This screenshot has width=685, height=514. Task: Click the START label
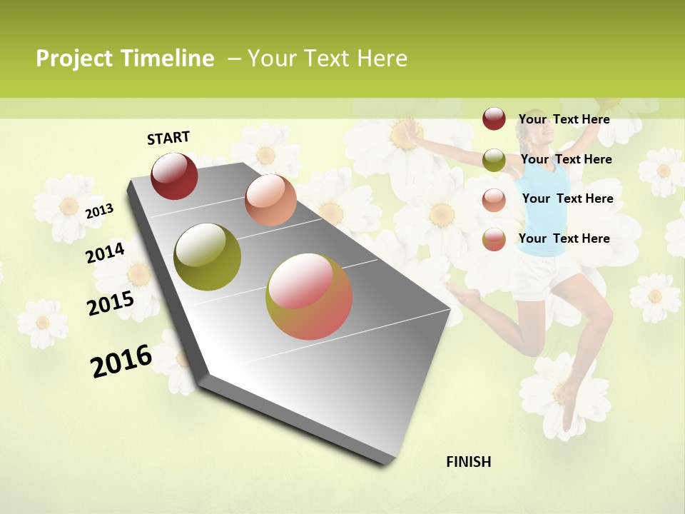coord(168,138)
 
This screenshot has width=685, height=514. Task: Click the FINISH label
coord(468,462)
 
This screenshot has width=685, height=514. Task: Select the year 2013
coord(99,211)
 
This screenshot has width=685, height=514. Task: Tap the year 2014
coord(105,253)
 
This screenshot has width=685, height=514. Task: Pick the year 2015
coord(110,303)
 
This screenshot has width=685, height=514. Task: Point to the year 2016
coord(121,361)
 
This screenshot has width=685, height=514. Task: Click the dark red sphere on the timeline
coord(174,176)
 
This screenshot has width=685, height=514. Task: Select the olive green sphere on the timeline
coord(207,257)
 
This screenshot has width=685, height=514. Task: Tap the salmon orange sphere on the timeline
coord(270,200)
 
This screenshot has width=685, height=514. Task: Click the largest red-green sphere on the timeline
coord(309,296)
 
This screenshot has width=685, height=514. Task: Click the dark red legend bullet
coord(494,119)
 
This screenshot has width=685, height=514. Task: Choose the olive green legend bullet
coord(494,160)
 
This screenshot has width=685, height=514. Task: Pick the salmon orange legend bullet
coord(494,199)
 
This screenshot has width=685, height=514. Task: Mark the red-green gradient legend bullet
coord(494,239)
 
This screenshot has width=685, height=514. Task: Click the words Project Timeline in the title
coord(125,59)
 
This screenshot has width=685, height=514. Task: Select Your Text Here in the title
coord(327,59)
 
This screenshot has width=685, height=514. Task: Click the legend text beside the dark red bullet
coord(564,119)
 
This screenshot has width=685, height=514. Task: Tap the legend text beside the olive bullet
coord(566,159)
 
